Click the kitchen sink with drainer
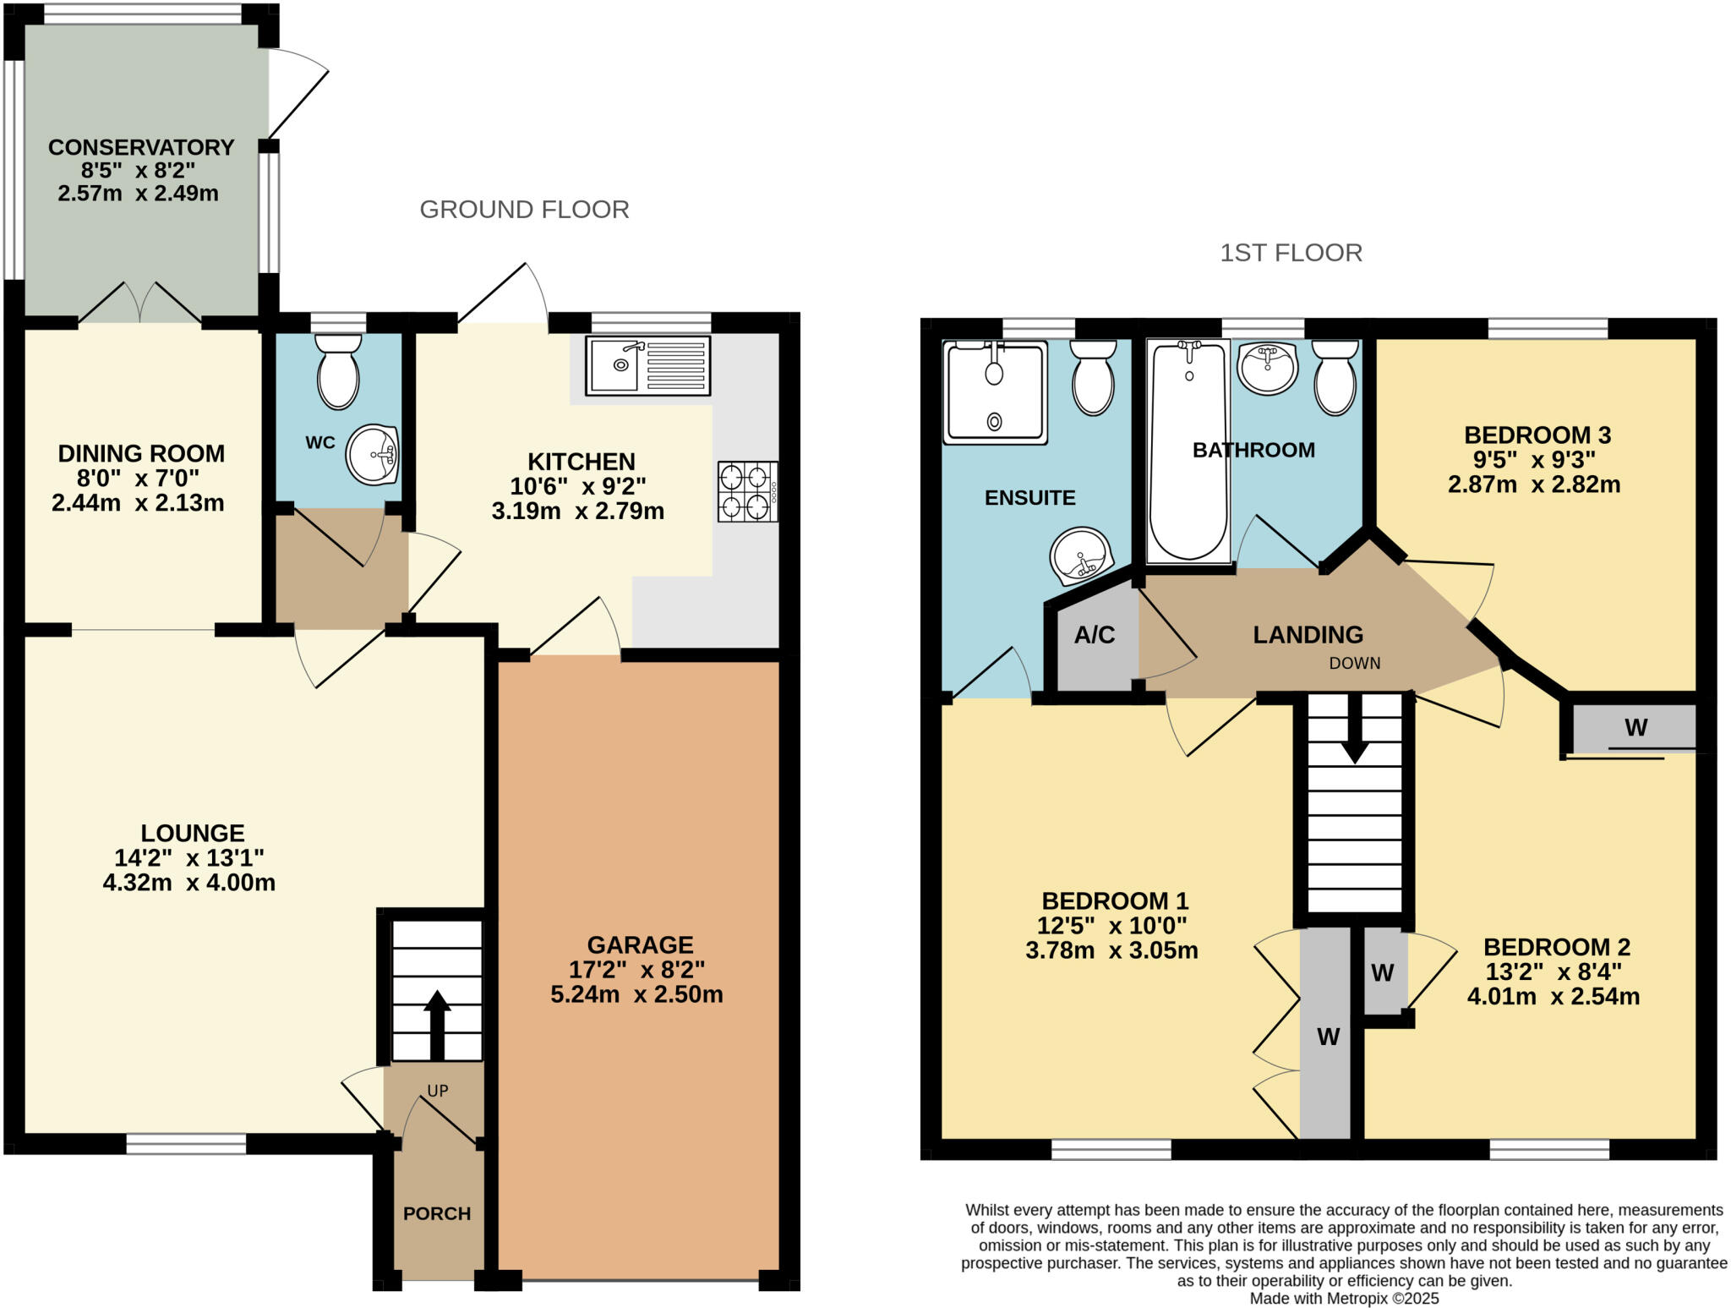pos(648,365)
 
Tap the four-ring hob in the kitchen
pos(747,491)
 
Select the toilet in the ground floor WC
pos(338,372)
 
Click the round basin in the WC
pos(372,455)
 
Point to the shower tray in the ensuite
pos(995,392)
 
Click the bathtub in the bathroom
pos(1188,452)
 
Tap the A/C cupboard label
pos(1095,635)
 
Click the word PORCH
pos(437,1213)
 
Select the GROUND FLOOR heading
pos(524,210)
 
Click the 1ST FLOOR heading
pos(1291,253)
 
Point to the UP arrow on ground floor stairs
pos(437,1023)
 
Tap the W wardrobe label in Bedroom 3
pos(1635,728)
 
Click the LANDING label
pos(1308,635)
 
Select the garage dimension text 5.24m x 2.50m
pos(636,994)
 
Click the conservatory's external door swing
pos(298,93)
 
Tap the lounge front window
pos(186,1144)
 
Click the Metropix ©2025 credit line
pos(1344,1299)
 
